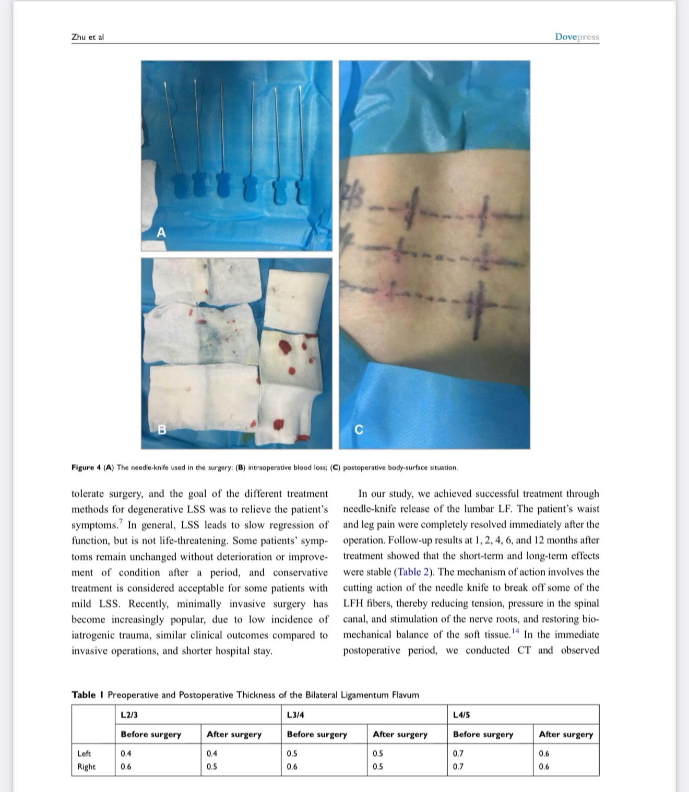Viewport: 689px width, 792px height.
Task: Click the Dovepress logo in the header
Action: pos(577,37)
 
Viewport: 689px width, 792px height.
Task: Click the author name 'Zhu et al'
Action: pos(88,37)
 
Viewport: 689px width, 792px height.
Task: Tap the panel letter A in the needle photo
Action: pos(161,233)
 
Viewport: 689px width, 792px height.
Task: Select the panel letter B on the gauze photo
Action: pos(162,429)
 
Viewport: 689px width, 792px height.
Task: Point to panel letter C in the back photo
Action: pos(359,429)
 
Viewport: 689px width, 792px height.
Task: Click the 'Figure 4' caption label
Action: pos(86,467)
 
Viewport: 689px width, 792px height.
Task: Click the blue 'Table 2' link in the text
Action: pos(413,572)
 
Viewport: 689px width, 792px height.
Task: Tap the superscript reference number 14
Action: pos(516,631)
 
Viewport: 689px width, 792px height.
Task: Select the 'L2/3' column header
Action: pos(129,715)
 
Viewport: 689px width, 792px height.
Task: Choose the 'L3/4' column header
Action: pos(295,715)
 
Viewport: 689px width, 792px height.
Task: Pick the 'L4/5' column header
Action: pos(461,715)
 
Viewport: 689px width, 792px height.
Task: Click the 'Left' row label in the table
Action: pos(84,753)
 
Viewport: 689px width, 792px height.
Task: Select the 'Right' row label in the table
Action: pos(86,766)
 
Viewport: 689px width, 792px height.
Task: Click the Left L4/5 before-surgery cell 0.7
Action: pos(458,753)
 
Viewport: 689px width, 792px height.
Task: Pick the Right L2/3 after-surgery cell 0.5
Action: pos(211,766)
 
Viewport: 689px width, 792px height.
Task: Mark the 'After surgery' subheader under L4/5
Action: pos(566,734)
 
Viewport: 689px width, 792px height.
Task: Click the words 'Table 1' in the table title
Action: pos(87,695)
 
